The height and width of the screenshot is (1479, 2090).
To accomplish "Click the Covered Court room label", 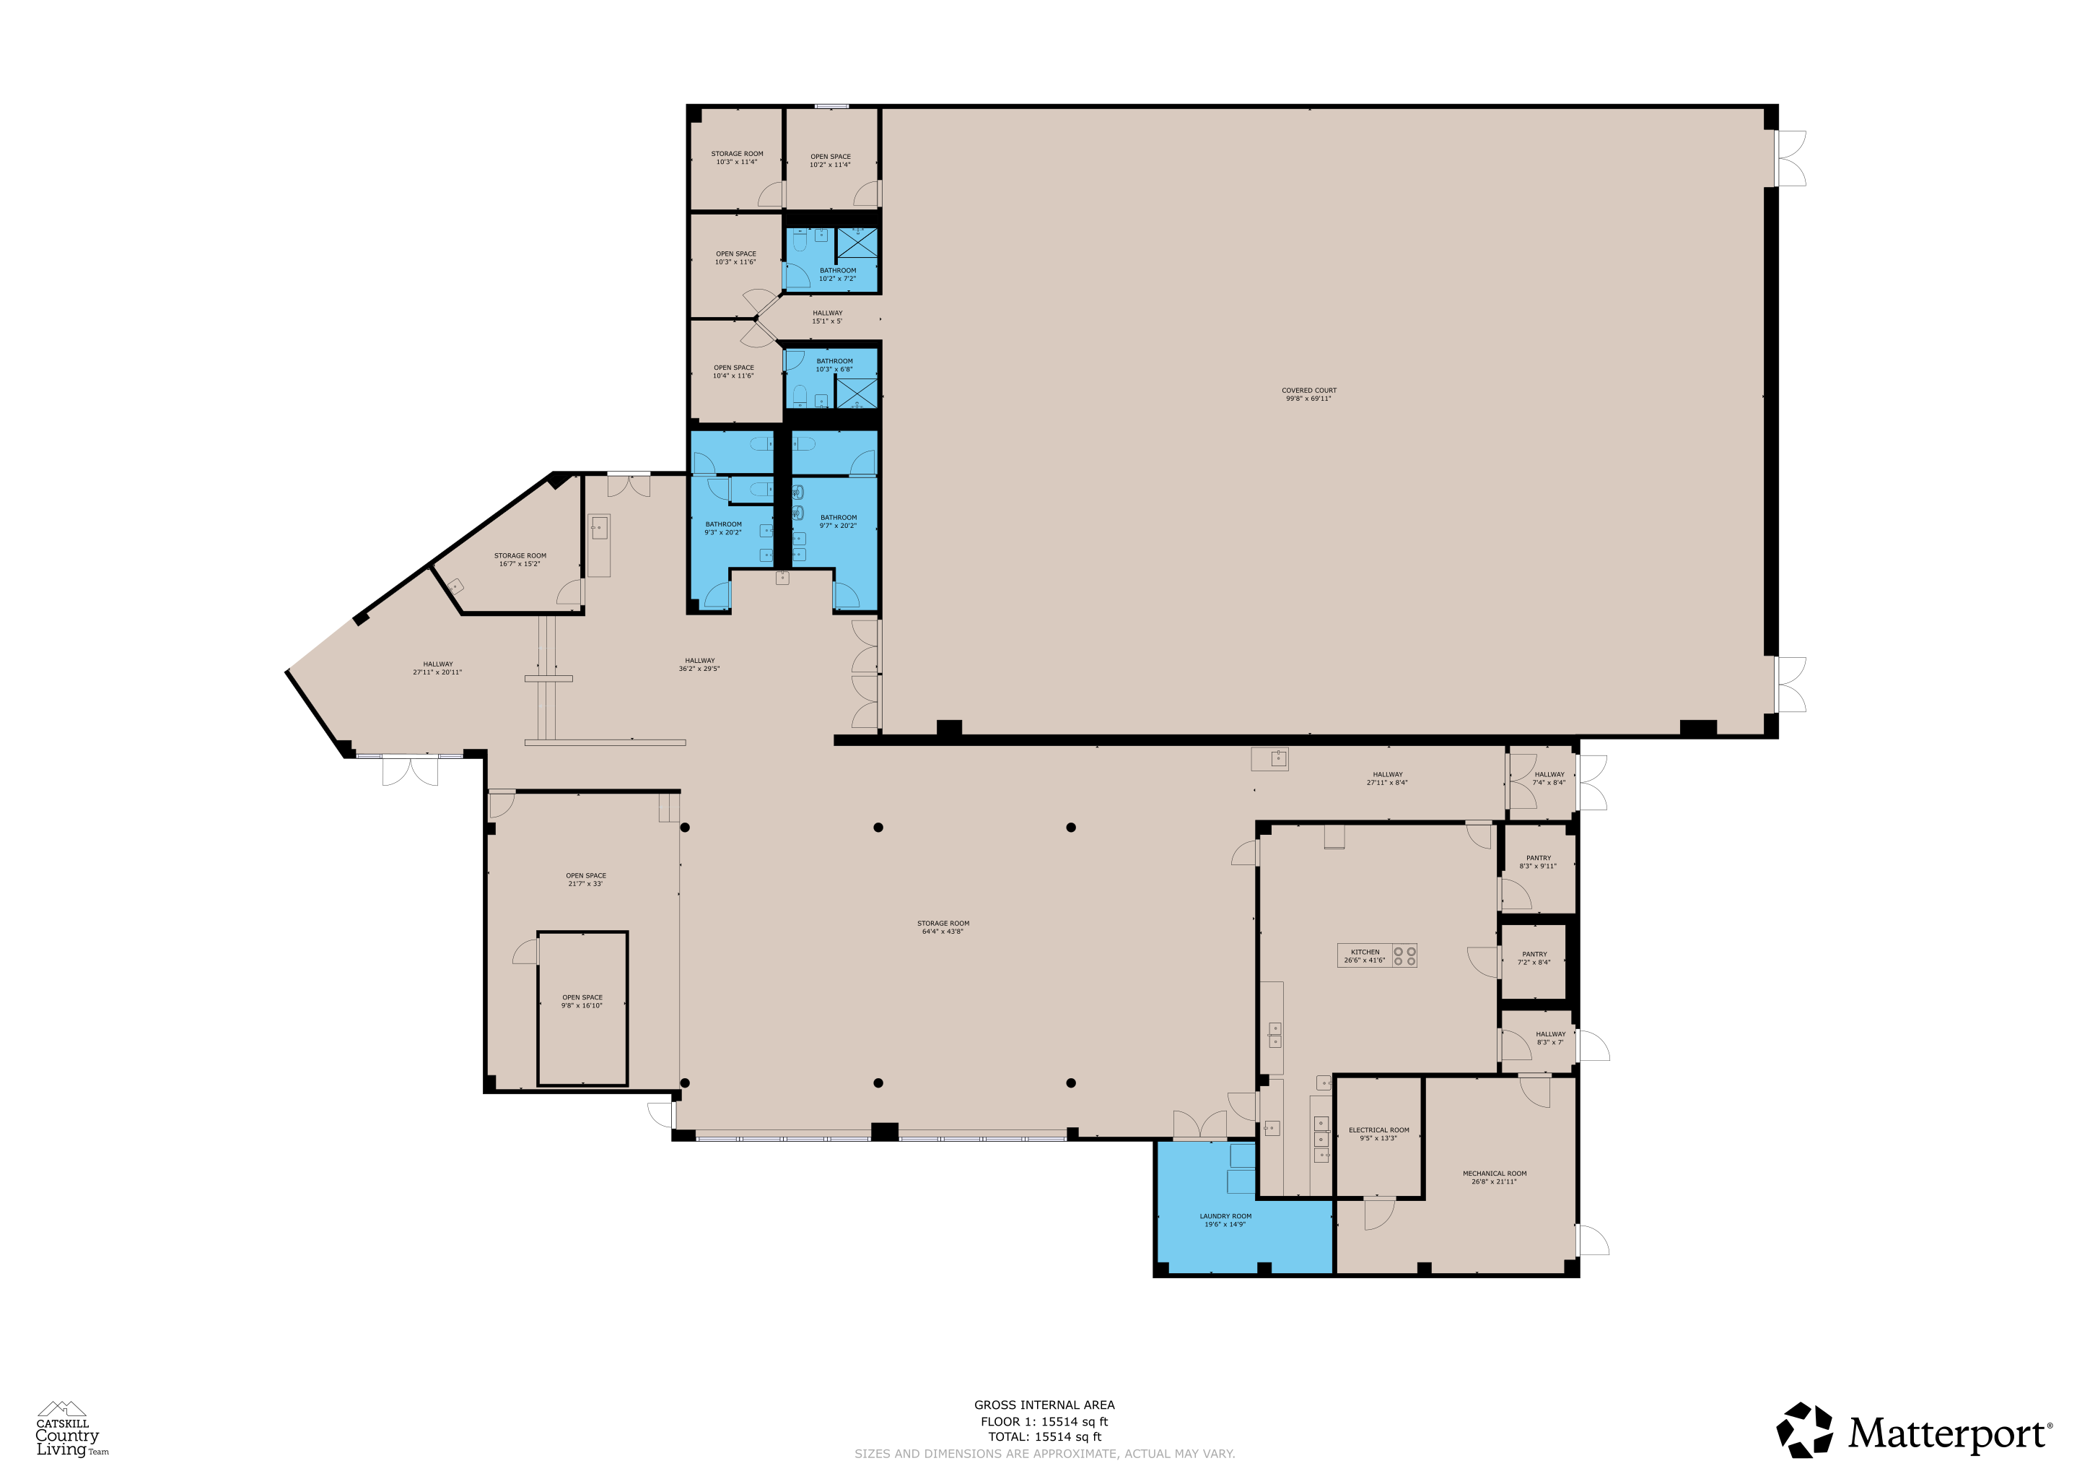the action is click(1309, 394).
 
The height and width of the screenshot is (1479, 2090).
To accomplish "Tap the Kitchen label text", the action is click(1365, 955).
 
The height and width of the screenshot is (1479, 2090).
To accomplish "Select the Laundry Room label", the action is click(1225, 1220).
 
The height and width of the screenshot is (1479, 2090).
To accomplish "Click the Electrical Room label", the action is click(1378, 1133).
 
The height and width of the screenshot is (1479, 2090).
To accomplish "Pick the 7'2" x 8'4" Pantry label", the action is click(1534, 958).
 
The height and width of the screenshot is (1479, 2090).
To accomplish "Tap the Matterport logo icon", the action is click(1804, 1431).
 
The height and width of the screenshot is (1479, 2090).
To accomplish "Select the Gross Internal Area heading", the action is click(1044, 1405).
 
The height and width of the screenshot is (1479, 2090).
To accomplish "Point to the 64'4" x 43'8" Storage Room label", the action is click(943, 927).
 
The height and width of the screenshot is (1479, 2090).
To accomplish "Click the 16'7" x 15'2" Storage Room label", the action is click(520, 559).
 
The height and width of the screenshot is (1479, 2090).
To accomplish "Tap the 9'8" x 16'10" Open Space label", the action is click(582, 1001).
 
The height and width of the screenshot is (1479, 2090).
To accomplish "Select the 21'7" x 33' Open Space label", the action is click(585, 879).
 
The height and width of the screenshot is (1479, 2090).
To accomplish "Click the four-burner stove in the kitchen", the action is click(1404, 955).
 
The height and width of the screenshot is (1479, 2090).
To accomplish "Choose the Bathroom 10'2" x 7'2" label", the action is click(837, 274).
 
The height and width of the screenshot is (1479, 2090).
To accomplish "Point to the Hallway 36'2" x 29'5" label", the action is click(699, 665).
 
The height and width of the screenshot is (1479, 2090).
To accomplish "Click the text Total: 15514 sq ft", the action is click(1044, 1437).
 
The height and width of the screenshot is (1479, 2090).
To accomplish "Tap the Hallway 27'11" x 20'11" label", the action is click(437, 669).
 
